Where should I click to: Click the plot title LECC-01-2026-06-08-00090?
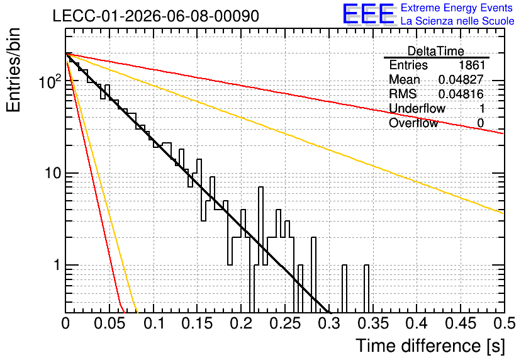(156, 16)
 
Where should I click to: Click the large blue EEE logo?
(369, 14)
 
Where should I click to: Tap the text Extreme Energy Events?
(457, 8)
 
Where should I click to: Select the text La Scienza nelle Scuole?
(457, 21)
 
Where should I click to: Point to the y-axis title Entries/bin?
(13, 70)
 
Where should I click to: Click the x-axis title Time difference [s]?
(430, 346)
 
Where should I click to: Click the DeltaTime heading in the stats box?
(436, 51)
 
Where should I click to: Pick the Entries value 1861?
(472, 65)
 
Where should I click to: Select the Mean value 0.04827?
(461, 79)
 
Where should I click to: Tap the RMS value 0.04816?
(461, 94)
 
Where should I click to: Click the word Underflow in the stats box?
(417, 108)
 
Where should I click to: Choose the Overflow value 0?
(481, 123)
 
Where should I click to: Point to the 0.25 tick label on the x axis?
(285, 323)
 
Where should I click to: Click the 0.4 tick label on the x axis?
(417, 323)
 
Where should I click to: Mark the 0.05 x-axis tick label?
(109, 323)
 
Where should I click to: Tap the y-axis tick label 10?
(53, 173)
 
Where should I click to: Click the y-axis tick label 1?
(57, 265)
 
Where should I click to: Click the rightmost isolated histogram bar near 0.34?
(366, 288)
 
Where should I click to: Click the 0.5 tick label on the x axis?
(505, 323)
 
